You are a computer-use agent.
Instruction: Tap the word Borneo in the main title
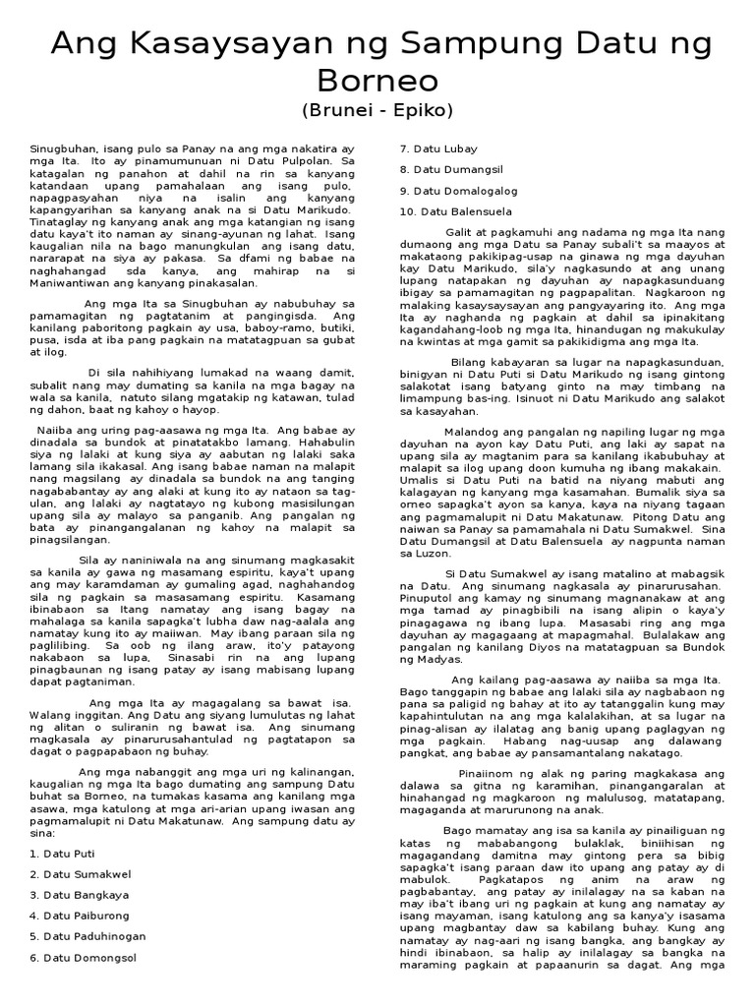377,80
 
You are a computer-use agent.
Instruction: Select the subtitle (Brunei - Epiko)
377,110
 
